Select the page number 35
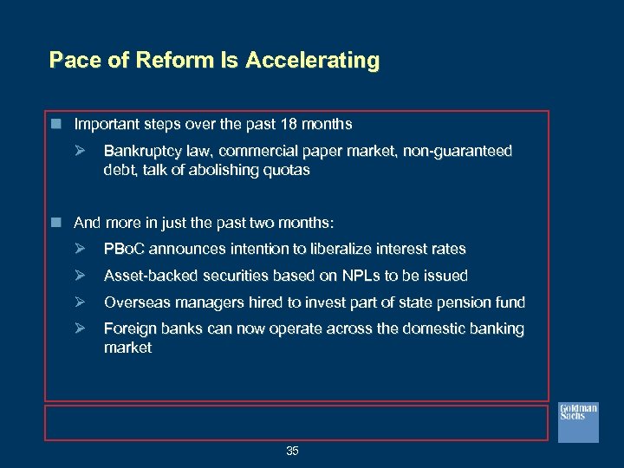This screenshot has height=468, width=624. [x=292, y=451]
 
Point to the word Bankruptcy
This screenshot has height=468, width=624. [x=139, y=151]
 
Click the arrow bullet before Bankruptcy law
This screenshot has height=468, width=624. [x=81, y=151]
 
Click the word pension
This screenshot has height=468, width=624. [x=465, y=302]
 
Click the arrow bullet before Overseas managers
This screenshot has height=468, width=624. [x=81, y=302]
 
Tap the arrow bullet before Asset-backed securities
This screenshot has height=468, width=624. [x=81, y=276]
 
